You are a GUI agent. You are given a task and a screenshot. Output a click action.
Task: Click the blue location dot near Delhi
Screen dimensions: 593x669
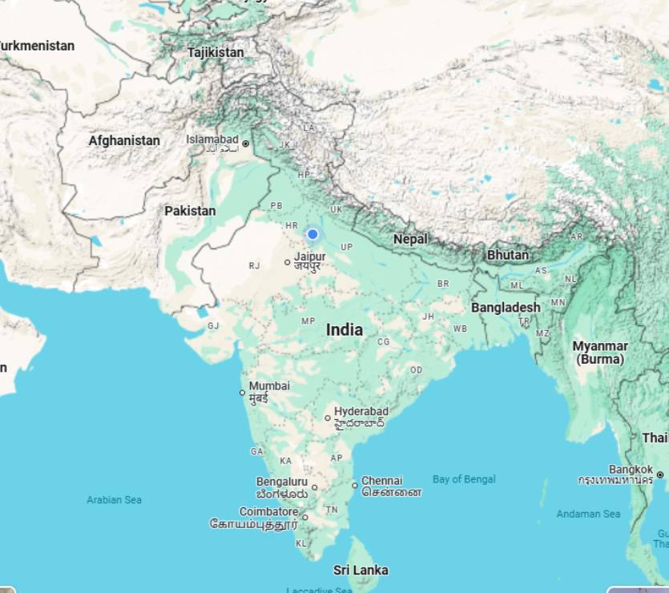[312, 234]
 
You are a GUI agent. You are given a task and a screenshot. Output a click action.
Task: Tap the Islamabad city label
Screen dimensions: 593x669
[212, 139]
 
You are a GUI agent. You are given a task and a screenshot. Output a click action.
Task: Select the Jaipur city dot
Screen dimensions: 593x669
[288, 262]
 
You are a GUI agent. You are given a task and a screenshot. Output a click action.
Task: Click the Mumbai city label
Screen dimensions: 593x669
[269, 386]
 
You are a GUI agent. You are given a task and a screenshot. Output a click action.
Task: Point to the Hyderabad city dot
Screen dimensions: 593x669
[328, 418]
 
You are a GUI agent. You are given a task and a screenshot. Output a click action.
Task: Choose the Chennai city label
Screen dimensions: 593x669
[381, 481]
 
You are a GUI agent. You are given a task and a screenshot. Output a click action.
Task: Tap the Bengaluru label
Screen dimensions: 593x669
[281, 482]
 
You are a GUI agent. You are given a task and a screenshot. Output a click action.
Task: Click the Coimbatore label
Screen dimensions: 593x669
[268, 512]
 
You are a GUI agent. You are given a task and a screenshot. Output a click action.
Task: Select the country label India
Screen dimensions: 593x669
[345, 329]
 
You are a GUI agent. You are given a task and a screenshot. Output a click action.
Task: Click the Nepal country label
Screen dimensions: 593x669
[410, 239]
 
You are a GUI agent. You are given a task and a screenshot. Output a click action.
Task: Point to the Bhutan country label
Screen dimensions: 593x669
[508, 255]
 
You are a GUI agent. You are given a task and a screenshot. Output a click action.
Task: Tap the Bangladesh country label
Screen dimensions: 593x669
[506, 307]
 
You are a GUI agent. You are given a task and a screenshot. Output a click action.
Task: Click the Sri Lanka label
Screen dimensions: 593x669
[361, 570]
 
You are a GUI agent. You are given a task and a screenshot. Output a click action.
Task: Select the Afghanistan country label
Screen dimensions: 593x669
[124, 140]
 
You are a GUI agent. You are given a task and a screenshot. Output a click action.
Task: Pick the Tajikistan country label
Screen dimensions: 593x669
[216, 52]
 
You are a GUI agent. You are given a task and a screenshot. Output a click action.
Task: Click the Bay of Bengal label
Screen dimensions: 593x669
[464, 479]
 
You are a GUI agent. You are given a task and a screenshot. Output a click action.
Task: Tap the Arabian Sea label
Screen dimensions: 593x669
[115, 499]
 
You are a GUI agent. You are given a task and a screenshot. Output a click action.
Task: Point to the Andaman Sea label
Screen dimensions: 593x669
[588, 514]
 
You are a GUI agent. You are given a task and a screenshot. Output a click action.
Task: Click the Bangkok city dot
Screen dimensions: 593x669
[659, 474]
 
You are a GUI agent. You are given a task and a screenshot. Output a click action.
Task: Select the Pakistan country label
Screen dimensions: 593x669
[190, 211]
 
